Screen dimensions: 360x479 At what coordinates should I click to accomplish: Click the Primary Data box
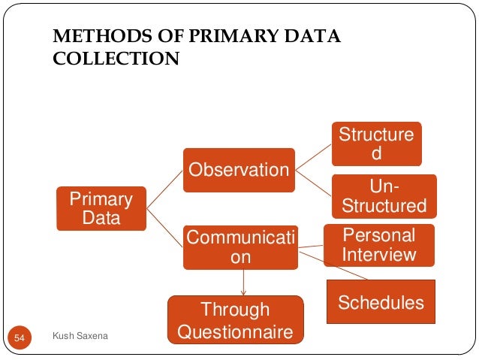point(101,209)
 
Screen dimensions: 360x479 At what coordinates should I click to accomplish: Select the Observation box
point(238,170)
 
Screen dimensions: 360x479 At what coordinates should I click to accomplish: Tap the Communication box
point(240,247)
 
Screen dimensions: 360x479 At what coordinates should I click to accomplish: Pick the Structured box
point(376,144)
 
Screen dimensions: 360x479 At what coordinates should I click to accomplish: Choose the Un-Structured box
point(384,195)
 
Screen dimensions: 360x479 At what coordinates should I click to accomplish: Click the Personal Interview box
point(378,245)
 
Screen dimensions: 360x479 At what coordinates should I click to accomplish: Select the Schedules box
point(381,302)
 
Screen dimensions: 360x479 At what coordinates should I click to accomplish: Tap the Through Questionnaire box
point(235,320)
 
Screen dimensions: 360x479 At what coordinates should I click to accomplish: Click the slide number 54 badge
point(20,340)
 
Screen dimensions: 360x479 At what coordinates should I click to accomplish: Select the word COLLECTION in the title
point(116,59)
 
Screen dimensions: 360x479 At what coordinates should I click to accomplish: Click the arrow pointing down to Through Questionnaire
point(243,283)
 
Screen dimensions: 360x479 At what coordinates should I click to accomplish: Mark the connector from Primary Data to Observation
point(164,188)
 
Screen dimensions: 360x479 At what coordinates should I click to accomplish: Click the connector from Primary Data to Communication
point(164,226)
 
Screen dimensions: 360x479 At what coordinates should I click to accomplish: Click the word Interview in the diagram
point(378,255)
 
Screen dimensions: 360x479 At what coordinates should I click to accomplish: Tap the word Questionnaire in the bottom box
point(235,331)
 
